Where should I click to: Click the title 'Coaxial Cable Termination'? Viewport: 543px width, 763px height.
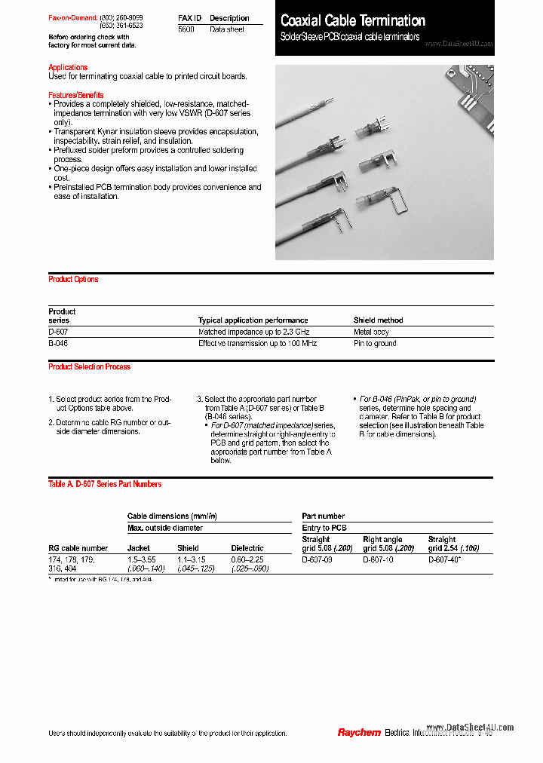353,21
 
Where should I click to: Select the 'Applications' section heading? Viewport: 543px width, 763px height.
68,67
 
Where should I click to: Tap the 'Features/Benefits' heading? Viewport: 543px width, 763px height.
75,94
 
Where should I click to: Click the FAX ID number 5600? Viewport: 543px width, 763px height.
186,29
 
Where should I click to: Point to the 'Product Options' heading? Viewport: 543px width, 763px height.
73,279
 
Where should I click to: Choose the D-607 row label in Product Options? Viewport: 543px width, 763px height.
58,332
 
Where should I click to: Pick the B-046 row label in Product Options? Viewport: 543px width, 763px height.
58,343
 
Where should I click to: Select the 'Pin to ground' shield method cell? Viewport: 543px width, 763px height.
375,343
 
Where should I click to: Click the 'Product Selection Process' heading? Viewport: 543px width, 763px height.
89,366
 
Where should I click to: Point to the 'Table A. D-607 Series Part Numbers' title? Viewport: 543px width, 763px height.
105,484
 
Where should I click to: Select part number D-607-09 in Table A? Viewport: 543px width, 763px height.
317,559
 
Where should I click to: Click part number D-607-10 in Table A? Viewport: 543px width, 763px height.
378,559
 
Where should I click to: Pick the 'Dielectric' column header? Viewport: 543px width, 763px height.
247,548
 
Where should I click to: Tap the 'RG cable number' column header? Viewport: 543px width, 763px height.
78,548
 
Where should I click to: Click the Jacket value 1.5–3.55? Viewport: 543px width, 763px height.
142,559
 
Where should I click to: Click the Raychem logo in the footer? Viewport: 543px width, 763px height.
358,733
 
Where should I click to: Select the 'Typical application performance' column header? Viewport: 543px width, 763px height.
253,320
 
